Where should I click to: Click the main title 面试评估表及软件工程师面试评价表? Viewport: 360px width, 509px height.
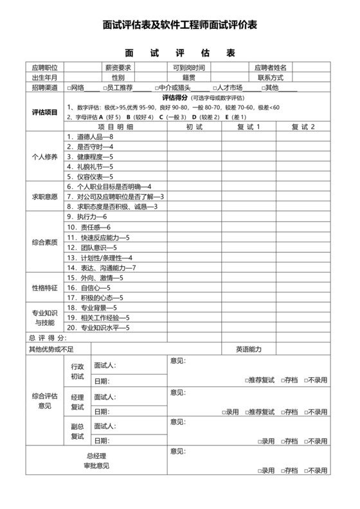[x=180, y=26]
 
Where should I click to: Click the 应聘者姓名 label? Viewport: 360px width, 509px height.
[x=271, y=67]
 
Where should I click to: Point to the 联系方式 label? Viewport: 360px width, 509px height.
[x=271, y=77]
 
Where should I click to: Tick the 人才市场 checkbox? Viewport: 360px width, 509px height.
[x=214, y=87]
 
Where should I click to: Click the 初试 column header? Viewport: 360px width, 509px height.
[x=194, y=127]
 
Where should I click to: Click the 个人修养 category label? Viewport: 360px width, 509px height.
[x=44, y=157]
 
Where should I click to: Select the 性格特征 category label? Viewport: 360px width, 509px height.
[x=44, y=288]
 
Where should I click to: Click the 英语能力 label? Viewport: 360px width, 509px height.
[x=248, y=349]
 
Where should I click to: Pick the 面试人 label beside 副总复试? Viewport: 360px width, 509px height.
[x=105, y=426]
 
